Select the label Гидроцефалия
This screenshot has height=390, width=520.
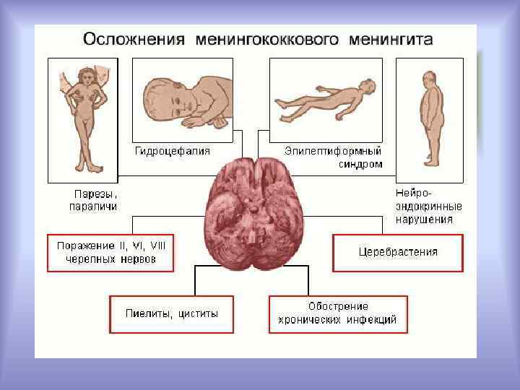point(173,151)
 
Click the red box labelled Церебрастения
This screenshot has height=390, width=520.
point(397,252)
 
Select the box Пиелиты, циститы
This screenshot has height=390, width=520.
point(171,314)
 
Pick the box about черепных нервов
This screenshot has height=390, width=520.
point(110,252)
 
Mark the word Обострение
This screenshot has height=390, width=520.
point(338,306)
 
